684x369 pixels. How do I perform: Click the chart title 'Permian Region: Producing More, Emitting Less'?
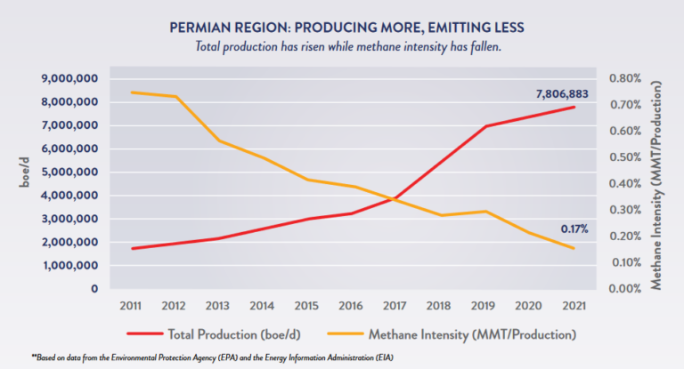(343, 28)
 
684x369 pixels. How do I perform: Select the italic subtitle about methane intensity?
(343, 46)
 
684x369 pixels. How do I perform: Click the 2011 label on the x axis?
(132, 307)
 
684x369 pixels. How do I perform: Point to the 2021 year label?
(574, 307)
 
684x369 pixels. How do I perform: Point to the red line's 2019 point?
(485, 126)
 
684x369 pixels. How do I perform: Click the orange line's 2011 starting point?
(132, 92)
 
